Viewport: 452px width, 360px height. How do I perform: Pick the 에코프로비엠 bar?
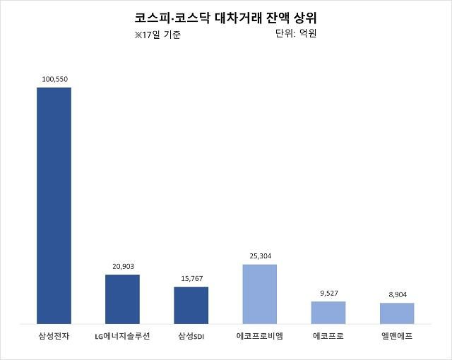pos(259,294)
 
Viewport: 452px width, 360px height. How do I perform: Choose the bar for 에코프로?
pos(328,312)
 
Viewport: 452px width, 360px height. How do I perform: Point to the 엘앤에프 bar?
pos(396,313)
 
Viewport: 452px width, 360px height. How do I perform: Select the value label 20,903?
pos(122,266)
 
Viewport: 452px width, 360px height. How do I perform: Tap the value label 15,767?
pos(191,278)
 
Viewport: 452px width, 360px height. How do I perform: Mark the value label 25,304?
pos(259,256)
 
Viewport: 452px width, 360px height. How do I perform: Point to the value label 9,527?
pos(328,293)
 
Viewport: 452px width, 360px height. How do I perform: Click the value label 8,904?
pos(396,294)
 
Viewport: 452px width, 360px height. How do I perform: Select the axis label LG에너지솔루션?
pos(122,336)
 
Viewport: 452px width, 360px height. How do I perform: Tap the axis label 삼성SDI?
pos(191,336)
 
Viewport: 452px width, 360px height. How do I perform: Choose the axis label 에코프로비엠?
pos(259,336)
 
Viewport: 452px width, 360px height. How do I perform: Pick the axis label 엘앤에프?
pos(396,336)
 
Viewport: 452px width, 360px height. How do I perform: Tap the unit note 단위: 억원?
pos(295,33)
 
